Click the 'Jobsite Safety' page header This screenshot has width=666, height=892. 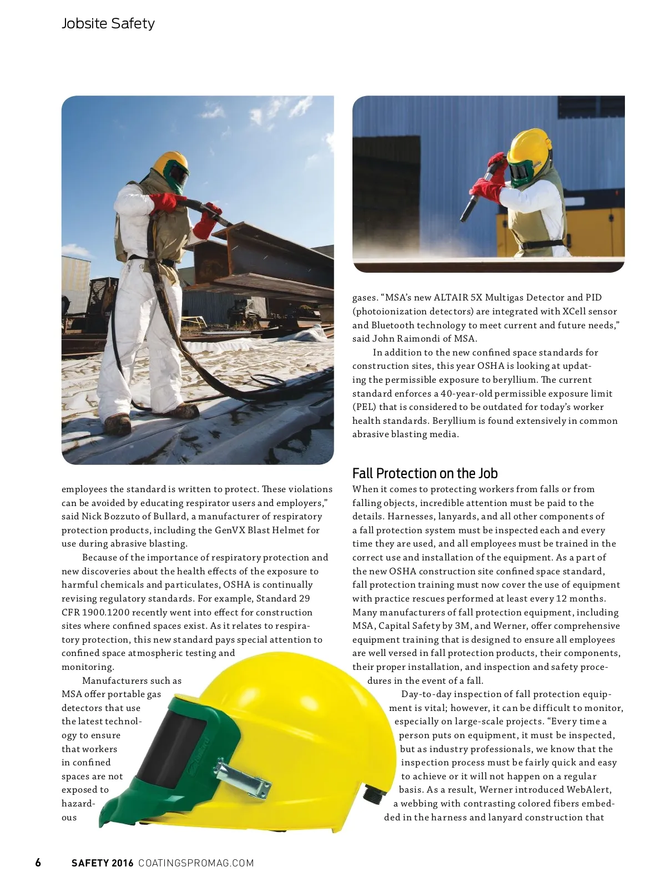pos(108,23)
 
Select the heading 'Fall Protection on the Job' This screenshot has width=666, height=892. pos(425,473)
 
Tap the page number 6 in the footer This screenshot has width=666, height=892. pos(38,863)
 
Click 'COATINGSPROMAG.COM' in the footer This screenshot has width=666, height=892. pos(196,863)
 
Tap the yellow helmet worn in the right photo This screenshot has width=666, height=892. pos(533,146)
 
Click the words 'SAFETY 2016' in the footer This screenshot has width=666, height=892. pos(103,863)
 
